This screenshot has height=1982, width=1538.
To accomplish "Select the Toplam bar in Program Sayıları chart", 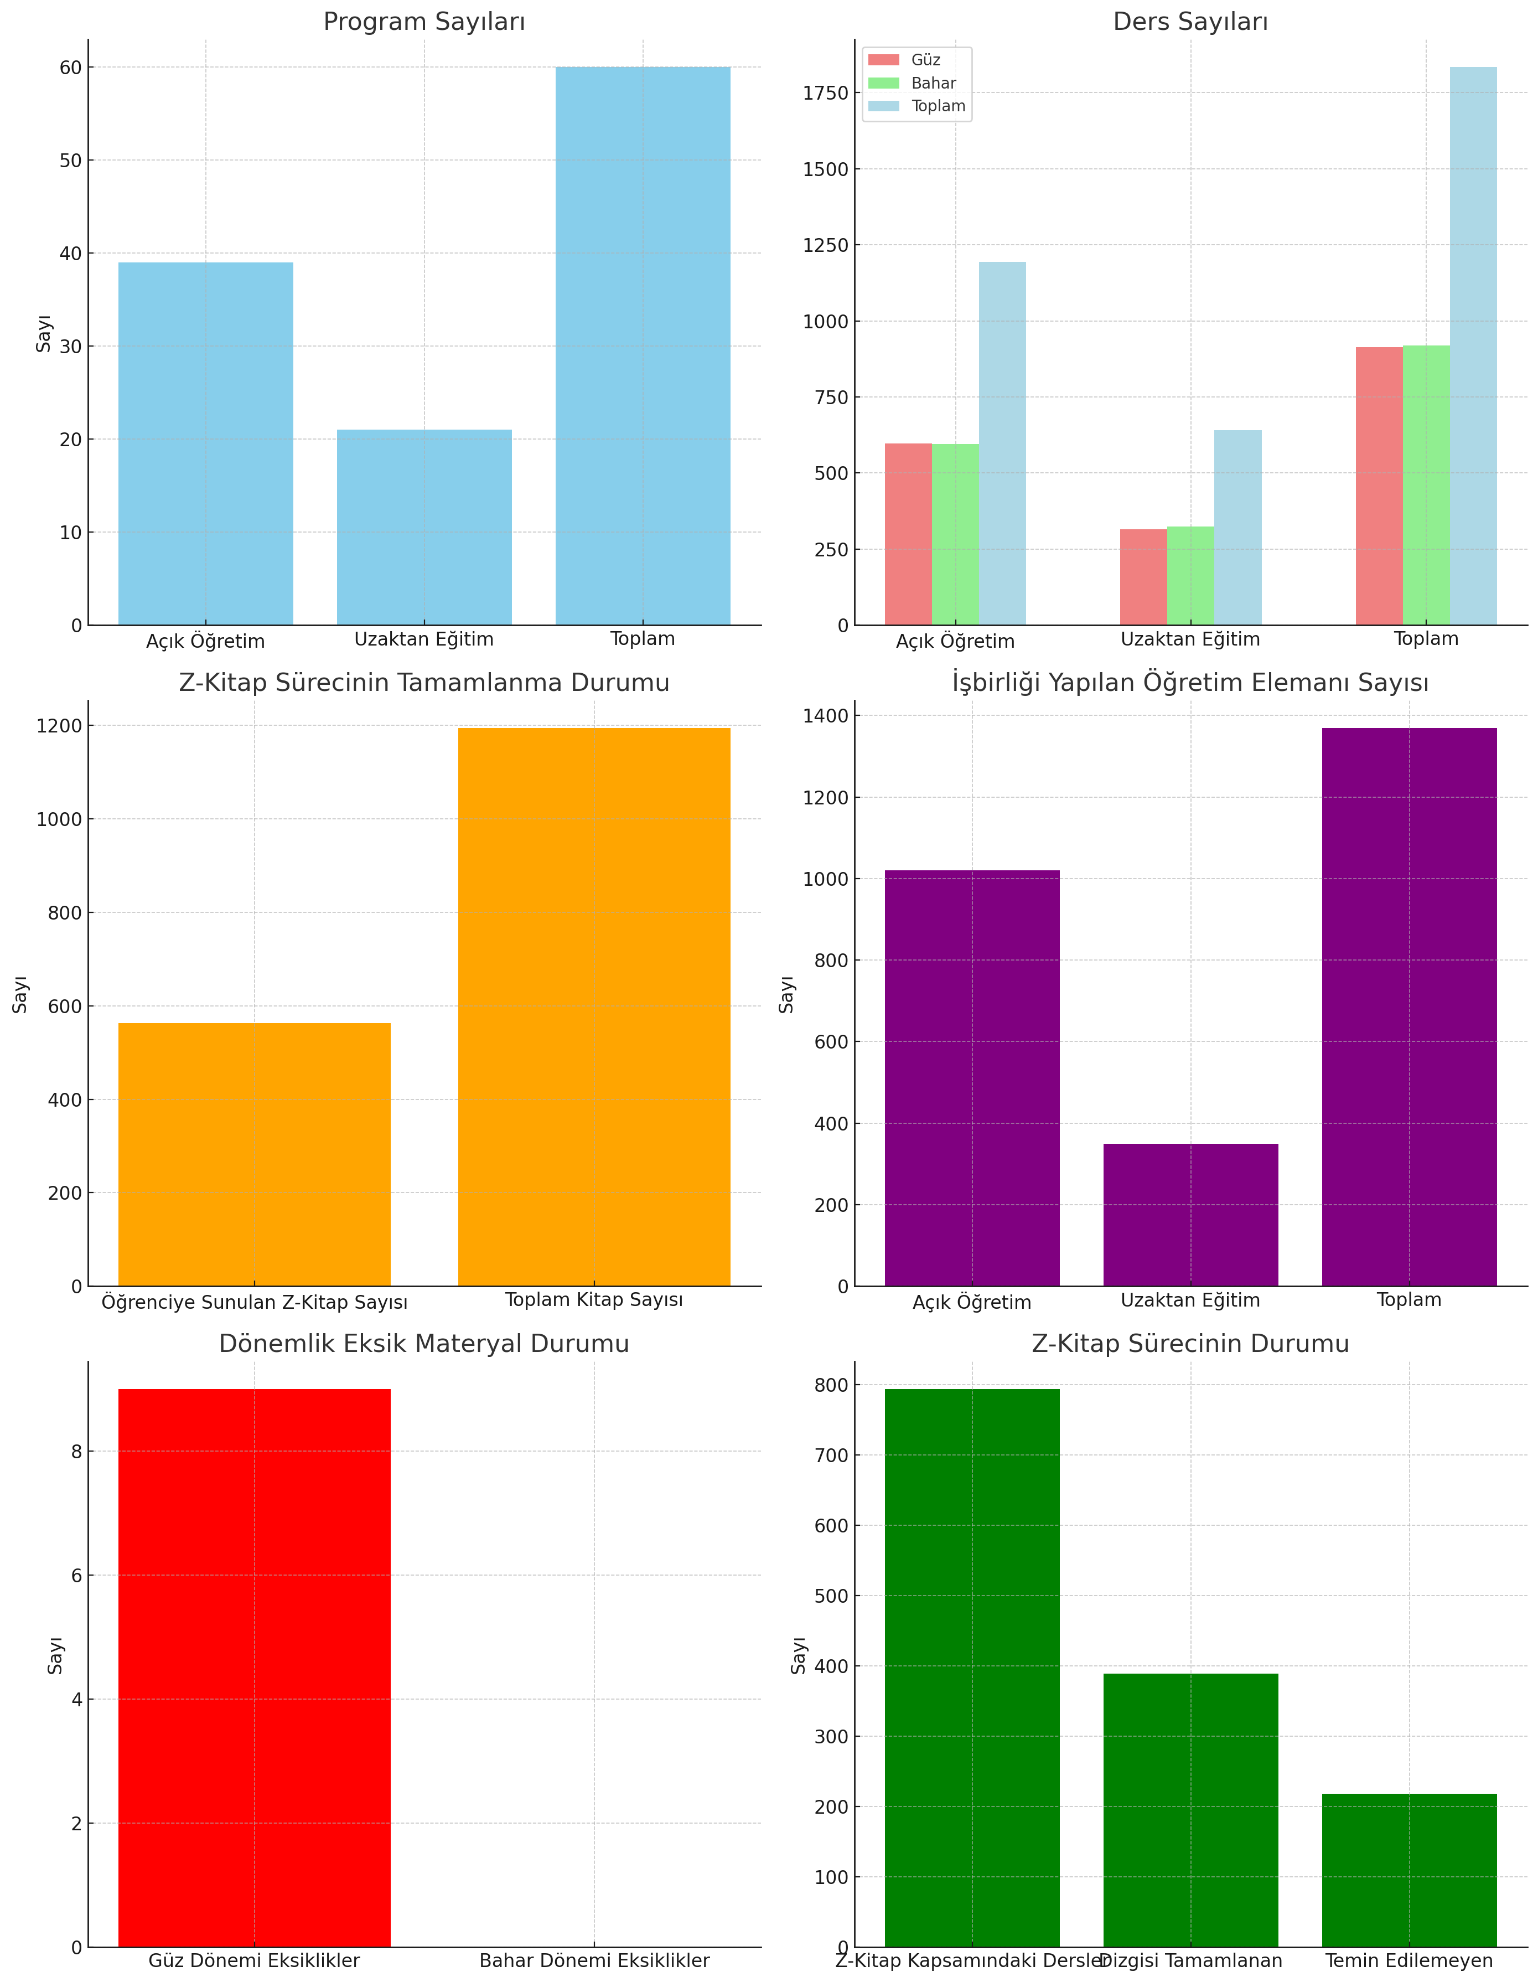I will point(643,346).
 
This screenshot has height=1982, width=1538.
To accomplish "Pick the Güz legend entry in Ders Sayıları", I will point(925,60).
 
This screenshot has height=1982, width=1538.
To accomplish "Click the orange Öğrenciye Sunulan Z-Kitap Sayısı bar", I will point(254,1154).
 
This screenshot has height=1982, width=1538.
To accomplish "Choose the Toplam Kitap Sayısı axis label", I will point(593,1299).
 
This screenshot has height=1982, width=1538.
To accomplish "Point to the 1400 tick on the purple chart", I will point(825,716).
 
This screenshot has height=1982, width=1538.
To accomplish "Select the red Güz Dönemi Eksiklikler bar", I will point(254,1668).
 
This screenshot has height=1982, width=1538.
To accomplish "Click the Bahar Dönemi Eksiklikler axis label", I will point(593,1960).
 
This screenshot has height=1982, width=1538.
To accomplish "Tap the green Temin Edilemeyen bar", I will point(1408,1870).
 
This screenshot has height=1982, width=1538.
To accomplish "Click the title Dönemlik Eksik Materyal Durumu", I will point(424,1344).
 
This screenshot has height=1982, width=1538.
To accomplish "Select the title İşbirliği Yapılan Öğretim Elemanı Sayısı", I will point(1189,683).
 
